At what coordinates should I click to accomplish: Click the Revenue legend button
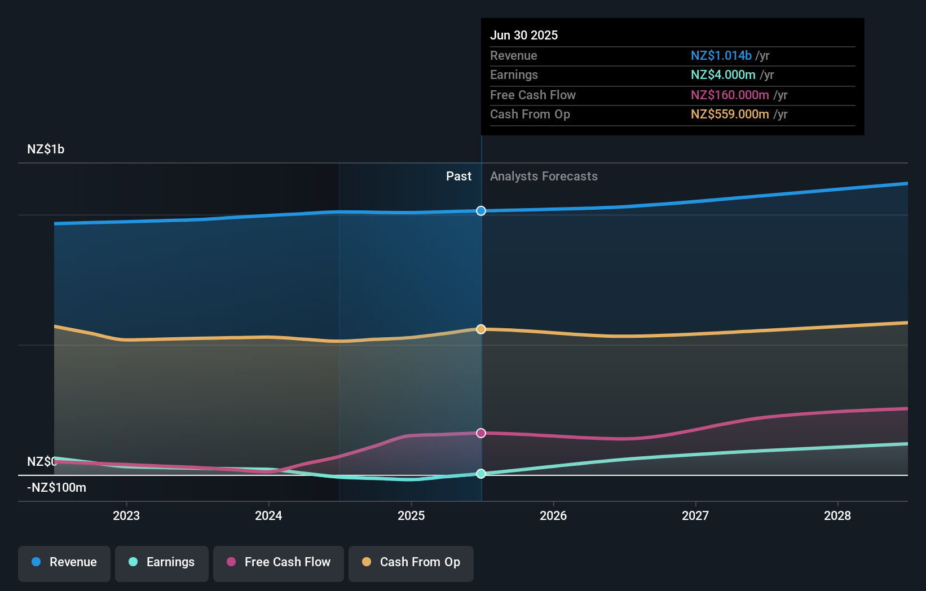point(64,562)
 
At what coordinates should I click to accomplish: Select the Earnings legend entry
point(162,562)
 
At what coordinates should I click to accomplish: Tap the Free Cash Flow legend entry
point(279,562)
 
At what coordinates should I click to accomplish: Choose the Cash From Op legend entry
point(411,562)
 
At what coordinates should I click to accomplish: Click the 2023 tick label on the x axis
point(126,515)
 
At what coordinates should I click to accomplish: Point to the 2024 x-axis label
point(268,515)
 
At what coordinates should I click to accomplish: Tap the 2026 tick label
point(553,515)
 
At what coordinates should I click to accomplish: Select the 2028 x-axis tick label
point(837,515)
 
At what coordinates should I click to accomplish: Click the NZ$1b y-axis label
point(46,149)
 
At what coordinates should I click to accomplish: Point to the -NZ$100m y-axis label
point(56,488)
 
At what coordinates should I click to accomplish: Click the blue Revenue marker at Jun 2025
point(481,211)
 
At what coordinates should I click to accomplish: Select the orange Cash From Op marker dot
point(481,329)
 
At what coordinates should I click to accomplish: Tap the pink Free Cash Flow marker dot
point(481,433)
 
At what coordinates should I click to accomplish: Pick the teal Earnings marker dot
point(481,474)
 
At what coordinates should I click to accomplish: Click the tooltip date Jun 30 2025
point(524,35)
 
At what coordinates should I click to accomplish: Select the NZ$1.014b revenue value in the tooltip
point(721,56)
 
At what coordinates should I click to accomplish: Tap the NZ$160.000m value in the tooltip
point(730,95)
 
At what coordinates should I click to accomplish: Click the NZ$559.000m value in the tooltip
point(730,114)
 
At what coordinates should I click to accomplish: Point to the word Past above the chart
point(458,177)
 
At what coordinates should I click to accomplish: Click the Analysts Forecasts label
point(544,177)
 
